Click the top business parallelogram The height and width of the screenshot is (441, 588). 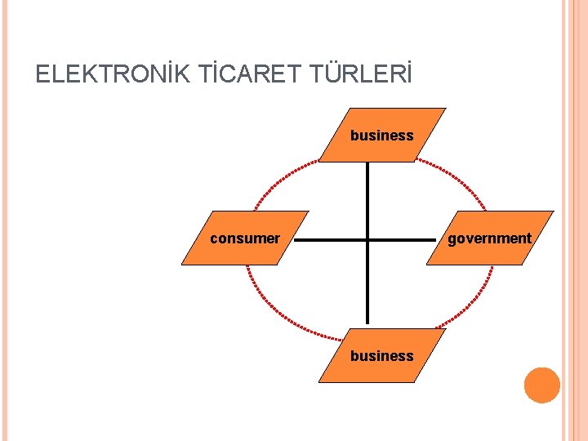click(x=382, y=135)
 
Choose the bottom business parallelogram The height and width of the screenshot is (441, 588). click(x=382, y=355)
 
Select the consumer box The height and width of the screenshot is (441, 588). click(x=245, y=238)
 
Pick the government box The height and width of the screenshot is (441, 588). click(x=489, y=238)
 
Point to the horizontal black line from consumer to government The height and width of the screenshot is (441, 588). click(x=327, y=241)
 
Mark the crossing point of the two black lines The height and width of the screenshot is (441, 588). click(x=367, y=241)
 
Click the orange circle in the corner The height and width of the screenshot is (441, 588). click(x=542, y=385)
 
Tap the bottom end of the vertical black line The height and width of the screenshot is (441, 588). click(x=367, y=324)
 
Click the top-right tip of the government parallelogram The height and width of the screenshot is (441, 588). click(x=553, y=212)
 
